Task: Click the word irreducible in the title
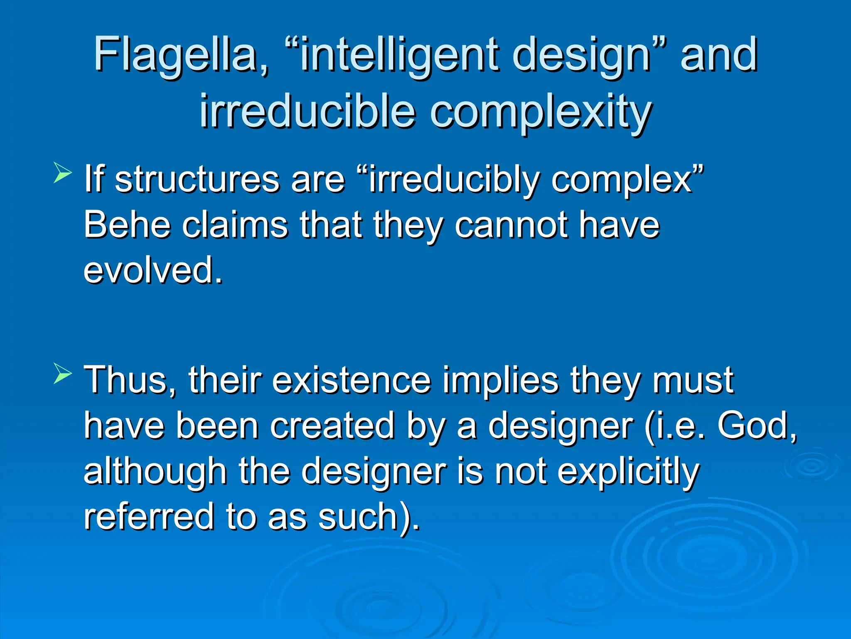tap(307, 111)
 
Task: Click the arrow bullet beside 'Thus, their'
tap(63, 373)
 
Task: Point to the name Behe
tap(127, 225)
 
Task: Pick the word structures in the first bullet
tap(197, 180)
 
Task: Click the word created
tap(332, 426)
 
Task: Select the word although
tap(155, 472)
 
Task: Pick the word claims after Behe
tap(235, 225)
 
